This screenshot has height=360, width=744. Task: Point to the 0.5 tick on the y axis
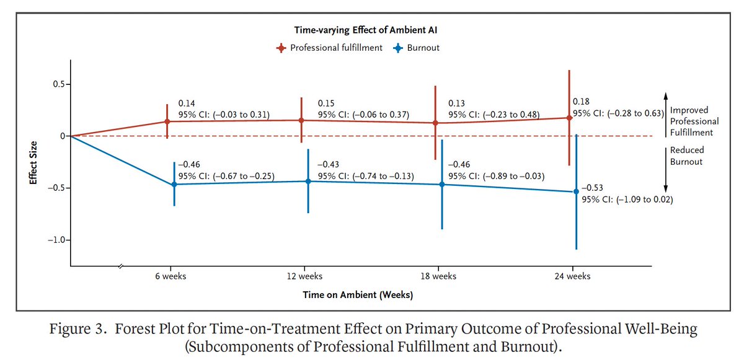pos(58,84)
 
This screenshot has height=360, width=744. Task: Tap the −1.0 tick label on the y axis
pos(55,240)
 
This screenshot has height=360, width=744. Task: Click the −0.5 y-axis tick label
pos(55,188)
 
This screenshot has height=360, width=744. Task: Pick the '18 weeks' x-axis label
pos(438,276)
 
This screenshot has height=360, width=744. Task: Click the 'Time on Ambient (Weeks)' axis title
pos(358,295)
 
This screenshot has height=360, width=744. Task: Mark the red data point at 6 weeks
pos(167,121)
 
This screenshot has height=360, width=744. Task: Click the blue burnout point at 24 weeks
pos(576,191)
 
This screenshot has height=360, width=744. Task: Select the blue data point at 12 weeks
pos(308,181)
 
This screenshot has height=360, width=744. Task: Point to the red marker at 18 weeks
pos(435,123)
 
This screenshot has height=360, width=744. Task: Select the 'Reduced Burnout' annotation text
pos(687,156)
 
